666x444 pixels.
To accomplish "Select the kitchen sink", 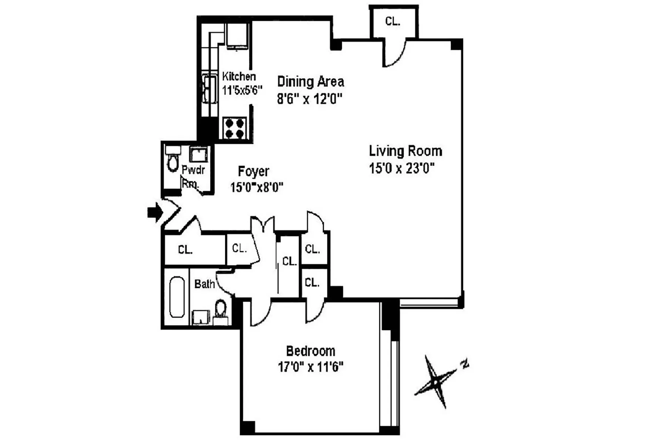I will tap(210, 89).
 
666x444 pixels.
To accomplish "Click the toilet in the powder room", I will tap(172, 159).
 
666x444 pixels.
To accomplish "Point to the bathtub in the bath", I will tap(177, 297).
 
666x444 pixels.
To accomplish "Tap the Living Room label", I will tap(406, 151).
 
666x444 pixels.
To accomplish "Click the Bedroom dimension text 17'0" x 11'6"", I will tap(310, 367).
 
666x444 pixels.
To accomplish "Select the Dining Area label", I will tap(310, 81).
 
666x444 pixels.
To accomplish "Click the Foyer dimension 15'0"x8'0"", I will tap(257, 187).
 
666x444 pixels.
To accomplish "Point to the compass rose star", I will tap(436, 381).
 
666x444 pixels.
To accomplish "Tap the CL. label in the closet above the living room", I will tap(393, 21).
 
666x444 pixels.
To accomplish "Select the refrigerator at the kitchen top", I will tap(237, 36).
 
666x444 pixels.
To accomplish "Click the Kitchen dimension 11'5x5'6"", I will tap(242, 90).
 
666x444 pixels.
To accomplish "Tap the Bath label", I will tap(205, 284).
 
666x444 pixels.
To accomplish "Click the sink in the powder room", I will tap(199, 154).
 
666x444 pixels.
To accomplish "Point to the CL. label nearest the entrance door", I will tap(185, 250).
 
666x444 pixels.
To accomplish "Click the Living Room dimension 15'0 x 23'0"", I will tap(401, 168).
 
